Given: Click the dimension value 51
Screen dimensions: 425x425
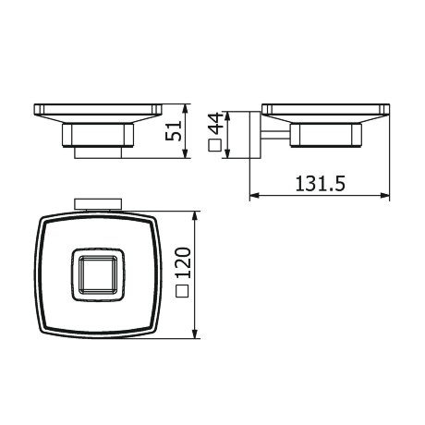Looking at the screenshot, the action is (174, 131).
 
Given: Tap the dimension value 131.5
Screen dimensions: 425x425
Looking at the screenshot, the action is (321, 184).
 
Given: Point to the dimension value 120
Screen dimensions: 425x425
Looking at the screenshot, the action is (183, 262).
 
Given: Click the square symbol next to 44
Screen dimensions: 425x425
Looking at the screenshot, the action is (214, 145).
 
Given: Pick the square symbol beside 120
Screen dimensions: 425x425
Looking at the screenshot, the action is (182, 290).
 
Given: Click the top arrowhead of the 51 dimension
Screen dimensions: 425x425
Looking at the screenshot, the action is (185, 108).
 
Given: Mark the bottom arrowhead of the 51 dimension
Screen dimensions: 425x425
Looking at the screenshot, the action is (185, 154).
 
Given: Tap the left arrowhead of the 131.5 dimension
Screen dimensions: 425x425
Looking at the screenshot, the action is (254, 195).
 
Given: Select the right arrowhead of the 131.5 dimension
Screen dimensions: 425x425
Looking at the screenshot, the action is (384, 195).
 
